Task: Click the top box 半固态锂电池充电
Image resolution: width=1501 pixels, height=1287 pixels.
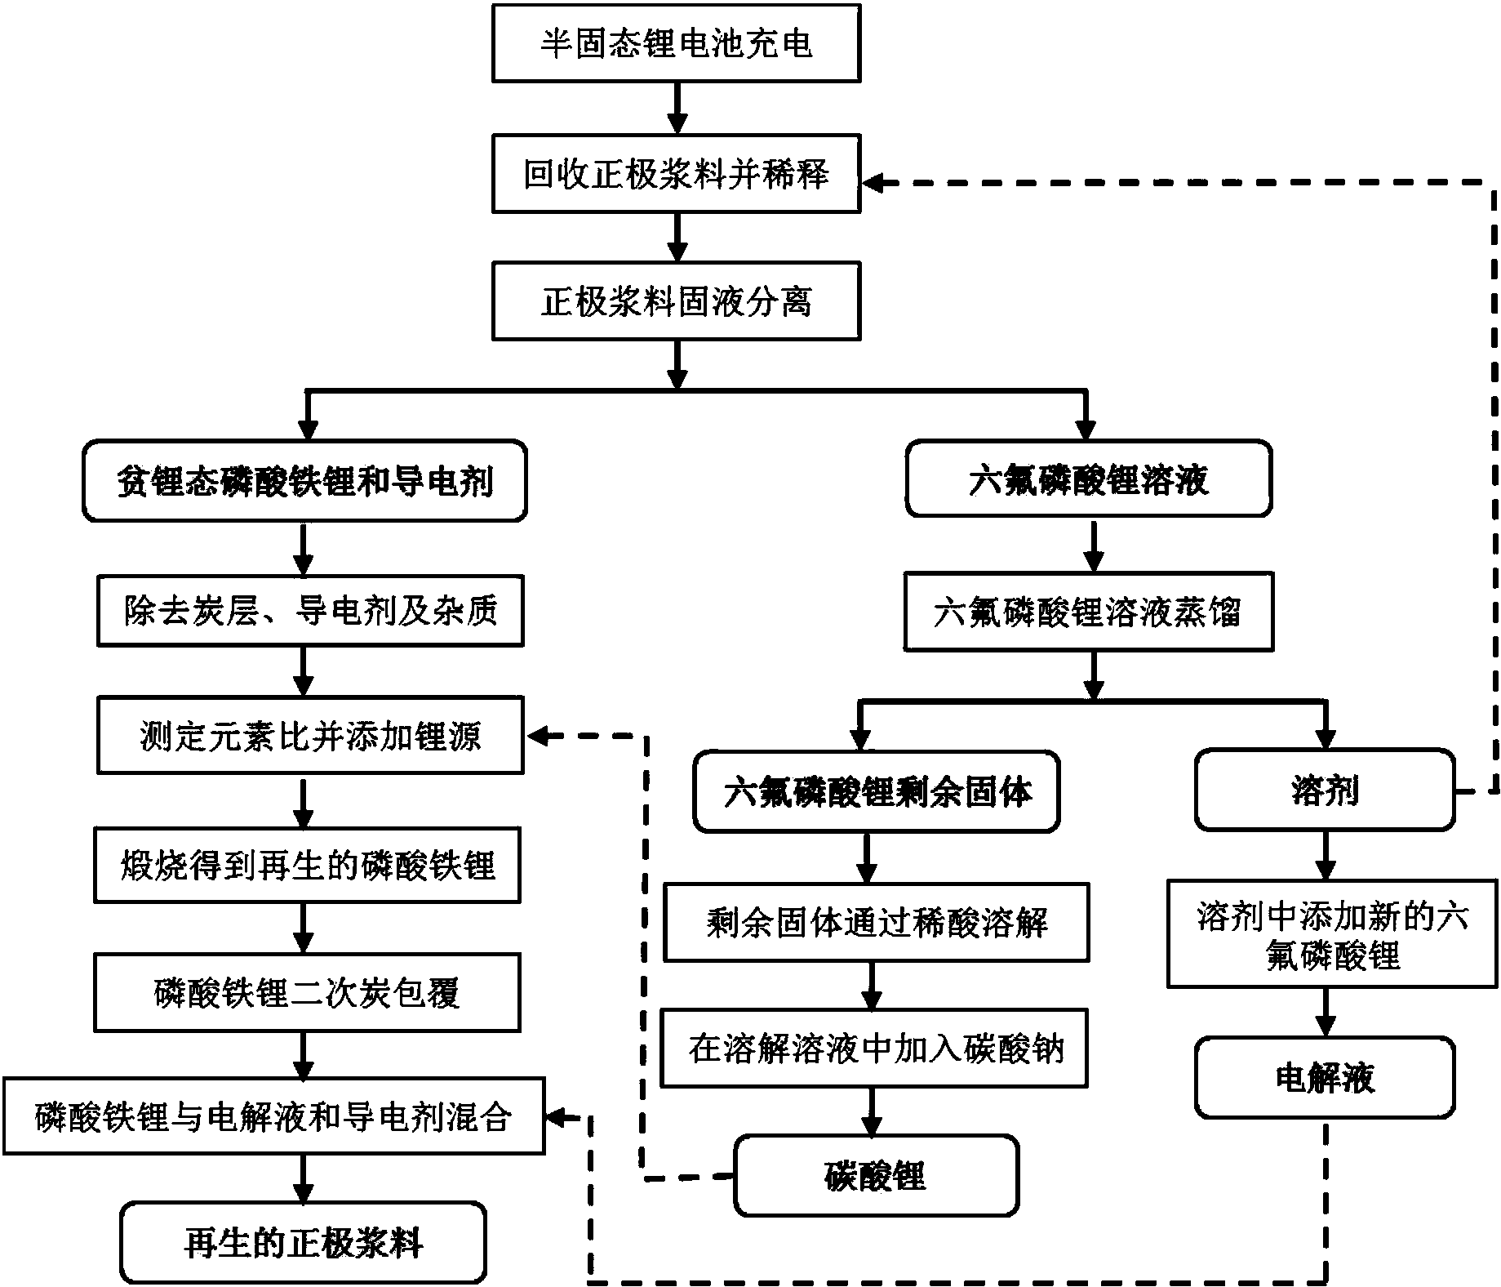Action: (x=676, y=43)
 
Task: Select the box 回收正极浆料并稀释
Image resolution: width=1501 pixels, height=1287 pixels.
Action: (x=676, y=175)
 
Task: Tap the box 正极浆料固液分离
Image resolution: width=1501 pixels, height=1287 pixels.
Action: (x=676, y=301)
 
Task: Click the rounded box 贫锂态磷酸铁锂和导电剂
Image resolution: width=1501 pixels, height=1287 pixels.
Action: (x=304, y=481)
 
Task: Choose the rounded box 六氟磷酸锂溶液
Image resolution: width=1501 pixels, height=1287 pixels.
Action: (x=1088, y=479)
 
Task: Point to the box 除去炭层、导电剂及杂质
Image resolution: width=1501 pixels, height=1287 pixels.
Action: (x=310, y=611)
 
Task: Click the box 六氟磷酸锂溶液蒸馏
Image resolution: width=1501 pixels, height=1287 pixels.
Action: (x=1088, y=612)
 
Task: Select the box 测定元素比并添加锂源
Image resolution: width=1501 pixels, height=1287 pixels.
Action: (x=310, y=735)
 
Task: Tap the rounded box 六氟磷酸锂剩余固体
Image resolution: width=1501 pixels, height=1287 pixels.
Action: (x=877, y=791)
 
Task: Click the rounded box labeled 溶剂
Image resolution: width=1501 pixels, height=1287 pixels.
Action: (x=1324, y=790)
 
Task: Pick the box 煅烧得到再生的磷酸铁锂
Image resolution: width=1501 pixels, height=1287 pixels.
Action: (x=307, y=866)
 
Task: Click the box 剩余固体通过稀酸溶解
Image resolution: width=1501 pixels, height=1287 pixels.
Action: (x=876, y=921)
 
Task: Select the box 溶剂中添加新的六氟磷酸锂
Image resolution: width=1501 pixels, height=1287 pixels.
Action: (x=1331, y=933)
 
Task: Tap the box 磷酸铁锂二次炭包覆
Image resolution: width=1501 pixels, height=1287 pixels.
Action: (x=307, y=992)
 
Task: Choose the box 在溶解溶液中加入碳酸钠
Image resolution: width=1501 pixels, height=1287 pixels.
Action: (x=874, y=1049)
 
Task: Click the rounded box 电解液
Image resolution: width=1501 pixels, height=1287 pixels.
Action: (x=1324, y=1078)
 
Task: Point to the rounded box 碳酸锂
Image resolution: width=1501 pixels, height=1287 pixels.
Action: (x=876, y=1176)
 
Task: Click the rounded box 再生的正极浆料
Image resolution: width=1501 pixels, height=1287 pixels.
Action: (x=303, y=1243)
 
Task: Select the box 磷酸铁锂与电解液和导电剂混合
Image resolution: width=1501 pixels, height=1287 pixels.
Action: (x=273, y=1116)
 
